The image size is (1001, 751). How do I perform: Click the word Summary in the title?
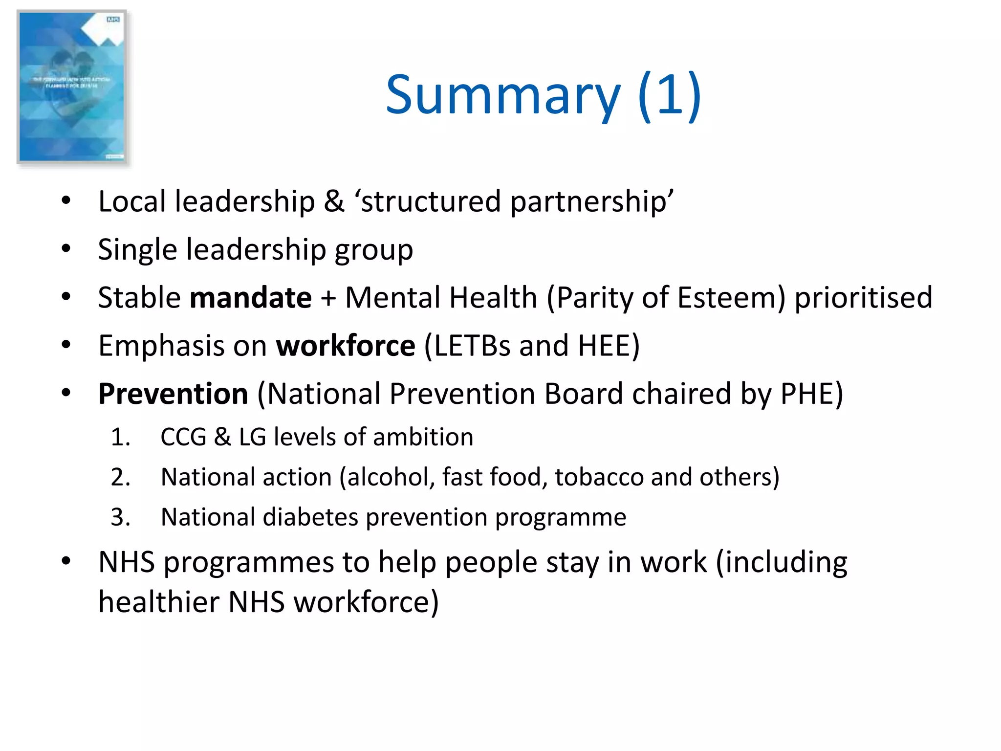pyautogui.click(x=503, y=95)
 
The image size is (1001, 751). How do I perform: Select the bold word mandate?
pyautogui.click(x=251, y=297)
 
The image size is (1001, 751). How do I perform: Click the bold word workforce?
pyautogui.click(x=346, y=346)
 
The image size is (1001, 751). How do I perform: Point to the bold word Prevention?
pyautogui.click(x=173, y=394)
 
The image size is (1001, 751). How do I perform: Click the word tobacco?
pyautogui.click(x=599, y=477)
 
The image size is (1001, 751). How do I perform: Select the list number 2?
pyautogui.click(x=120, y=477)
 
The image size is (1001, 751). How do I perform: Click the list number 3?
pyautogui.click(x=120, y=517)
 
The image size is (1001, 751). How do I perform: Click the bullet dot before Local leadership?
pyautogui.click(x=66, y=200)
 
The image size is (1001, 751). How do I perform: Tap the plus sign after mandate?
pyautogui.click(x=328, y=298)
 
